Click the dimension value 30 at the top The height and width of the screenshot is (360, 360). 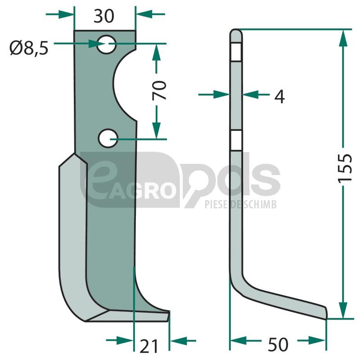click(x=104, y=16)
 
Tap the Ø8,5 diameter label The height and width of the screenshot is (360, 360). click(x=29, y=48)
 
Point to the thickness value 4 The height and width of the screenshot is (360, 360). click(x=279, y=96)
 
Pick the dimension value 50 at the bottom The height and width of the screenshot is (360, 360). click(x=278, y=344)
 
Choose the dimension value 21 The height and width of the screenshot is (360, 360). click(x=149, y=346)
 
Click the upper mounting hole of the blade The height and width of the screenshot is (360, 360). click(x=106, y=45)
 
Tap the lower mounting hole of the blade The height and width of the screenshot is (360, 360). click(x=108, y=138)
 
